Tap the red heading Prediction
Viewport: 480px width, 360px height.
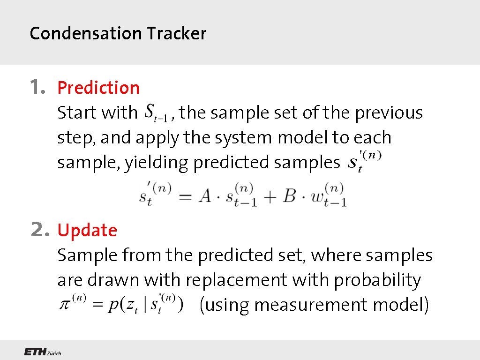point(98,88)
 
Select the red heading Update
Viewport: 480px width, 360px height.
point(87,230)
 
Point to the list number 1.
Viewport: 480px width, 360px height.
point(37,87)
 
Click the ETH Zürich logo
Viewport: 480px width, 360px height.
point(43,352)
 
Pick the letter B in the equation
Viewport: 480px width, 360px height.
point(289,196)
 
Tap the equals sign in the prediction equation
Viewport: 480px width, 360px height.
point(185,197)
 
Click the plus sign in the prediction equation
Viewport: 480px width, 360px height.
point(270,196)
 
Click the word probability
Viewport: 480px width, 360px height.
point(377,280)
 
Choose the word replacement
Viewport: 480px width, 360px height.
point(237,280)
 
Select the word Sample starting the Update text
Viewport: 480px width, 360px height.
point(87,255)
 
